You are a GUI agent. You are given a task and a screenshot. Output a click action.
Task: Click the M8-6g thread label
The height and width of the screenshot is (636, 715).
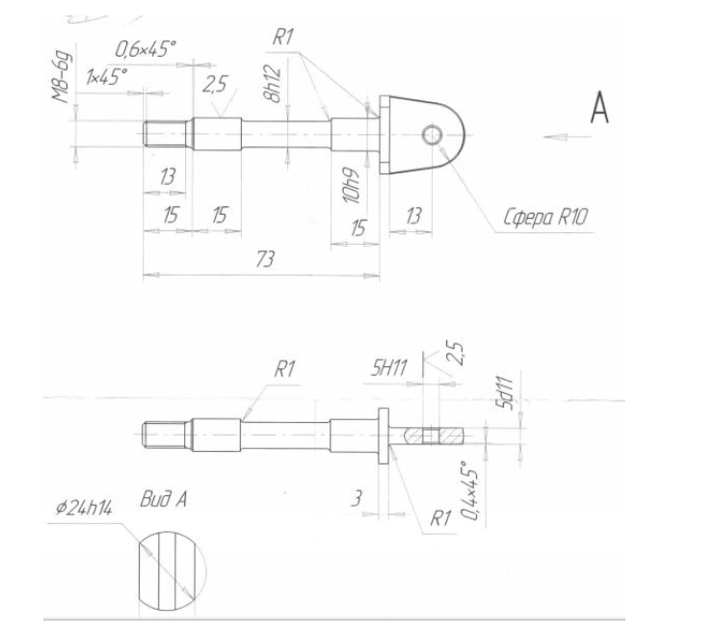[62, 76]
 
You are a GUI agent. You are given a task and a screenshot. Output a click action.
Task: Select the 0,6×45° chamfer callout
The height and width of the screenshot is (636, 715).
[146, 49]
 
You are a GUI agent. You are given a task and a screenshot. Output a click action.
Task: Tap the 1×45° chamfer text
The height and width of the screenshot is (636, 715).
[107, 76]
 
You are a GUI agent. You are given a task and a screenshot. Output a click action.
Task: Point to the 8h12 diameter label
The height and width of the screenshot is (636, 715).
[272, 83]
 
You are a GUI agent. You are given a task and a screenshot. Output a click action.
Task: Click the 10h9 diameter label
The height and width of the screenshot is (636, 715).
[351, 186]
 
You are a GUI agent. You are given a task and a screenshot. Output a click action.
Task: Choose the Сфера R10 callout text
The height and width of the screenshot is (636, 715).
[545, 217]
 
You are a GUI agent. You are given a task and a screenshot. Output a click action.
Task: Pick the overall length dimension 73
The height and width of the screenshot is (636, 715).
[265, 259]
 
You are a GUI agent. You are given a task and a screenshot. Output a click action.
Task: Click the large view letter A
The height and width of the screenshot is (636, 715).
[599, 108]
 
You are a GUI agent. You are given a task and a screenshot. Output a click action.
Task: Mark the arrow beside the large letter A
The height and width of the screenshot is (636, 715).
[567, 137]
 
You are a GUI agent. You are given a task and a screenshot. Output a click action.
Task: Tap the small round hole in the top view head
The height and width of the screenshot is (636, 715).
[432, 135]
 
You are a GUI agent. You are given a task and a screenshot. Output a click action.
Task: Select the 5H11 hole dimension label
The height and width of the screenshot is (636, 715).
[388, 367]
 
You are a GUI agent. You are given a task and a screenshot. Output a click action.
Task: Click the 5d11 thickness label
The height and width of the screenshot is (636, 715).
[505, 393]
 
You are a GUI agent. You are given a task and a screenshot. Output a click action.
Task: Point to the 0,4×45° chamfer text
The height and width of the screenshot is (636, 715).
[469, 490]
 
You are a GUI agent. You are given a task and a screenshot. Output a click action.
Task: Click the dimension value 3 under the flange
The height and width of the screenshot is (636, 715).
[357, 498]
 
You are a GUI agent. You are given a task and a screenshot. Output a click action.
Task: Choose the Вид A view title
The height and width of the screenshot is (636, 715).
[163, 499]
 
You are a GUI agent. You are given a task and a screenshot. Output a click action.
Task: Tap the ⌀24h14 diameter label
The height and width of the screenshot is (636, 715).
[84, 508]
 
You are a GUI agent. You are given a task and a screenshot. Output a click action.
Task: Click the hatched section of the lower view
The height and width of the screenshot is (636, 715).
[435, 437]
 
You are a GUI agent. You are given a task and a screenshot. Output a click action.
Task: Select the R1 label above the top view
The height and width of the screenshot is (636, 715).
[282, 37]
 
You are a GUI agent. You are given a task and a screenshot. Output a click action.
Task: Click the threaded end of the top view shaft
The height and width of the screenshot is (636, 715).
[166, 134]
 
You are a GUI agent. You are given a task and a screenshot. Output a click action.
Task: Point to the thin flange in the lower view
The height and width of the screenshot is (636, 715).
[384, 436]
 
